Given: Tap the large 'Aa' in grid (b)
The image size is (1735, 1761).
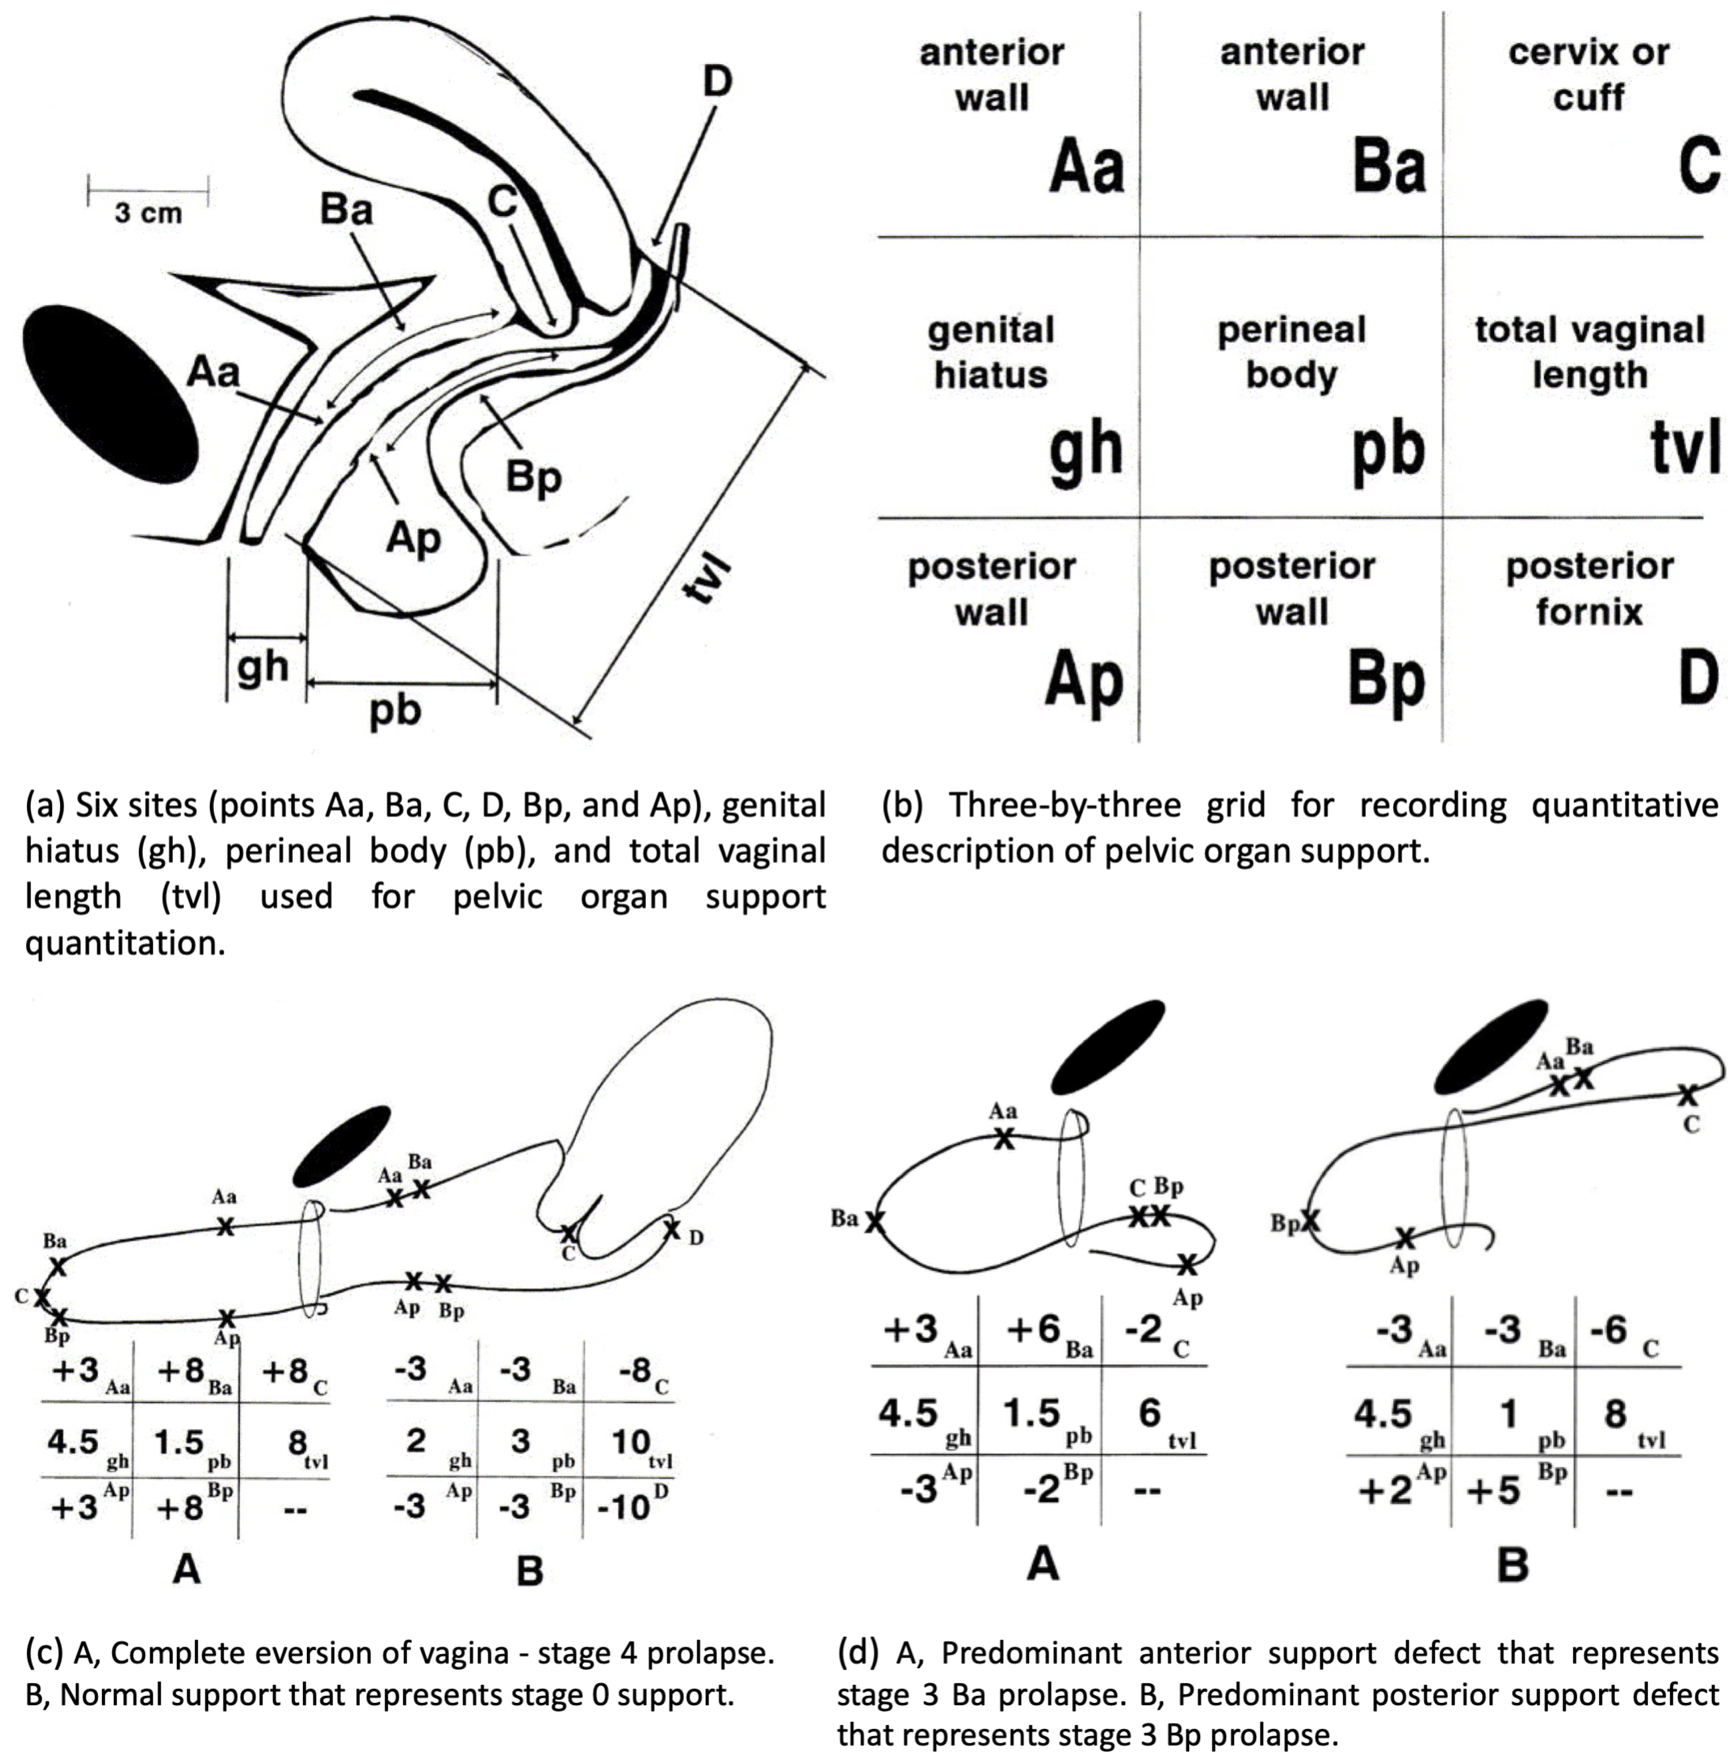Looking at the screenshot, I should (x=1086, y=167).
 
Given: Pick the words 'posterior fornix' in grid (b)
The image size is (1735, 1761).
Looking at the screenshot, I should (x=1589, y=589).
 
